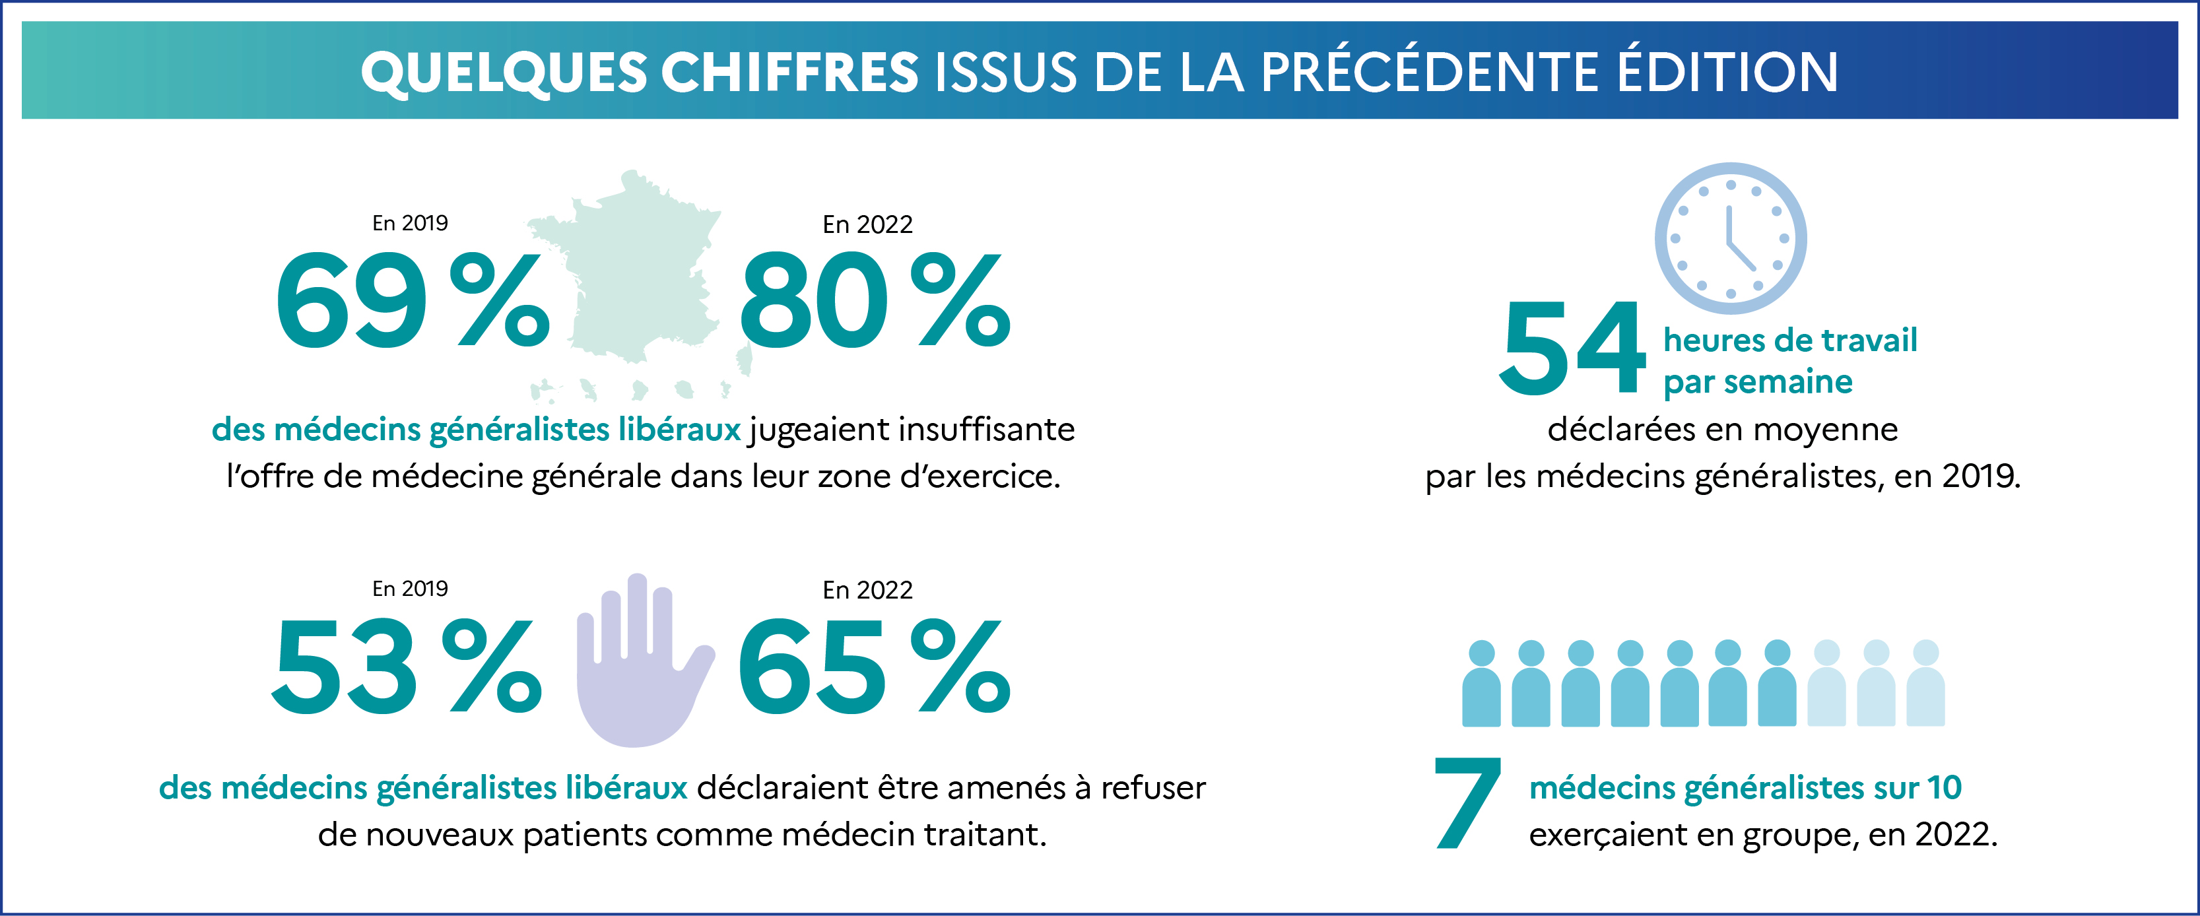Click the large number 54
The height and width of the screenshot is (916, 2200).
click(x=1572, y=348)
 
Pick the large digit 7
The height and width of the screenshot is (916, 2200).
click(x=1467, y=803)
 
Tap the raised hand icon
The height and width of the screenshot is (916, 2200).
click(x=640, y=662)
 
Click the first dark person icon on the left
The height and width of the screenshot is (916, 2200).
click(x=1481, y=684)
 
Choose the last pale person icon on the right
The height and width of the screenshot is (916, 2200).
click(x=1926, y=684)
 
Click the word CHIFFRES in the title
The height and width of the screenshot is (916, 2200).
click(x=789, y=72)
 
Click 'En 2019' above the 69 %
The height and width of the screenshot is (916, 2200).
click(x=410, y=223)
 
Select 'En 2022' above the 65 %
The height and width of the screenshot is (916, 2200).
click(x=867, y=590)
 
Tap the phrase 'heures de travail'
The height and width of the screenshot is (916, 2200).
click(x=1790, y=340)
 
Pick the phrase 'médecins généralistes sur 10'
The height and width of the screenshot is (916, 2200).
click(x=1745, y=787)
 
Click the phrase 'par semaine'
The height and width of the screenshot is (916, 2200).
click(x=1758, y=381)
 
